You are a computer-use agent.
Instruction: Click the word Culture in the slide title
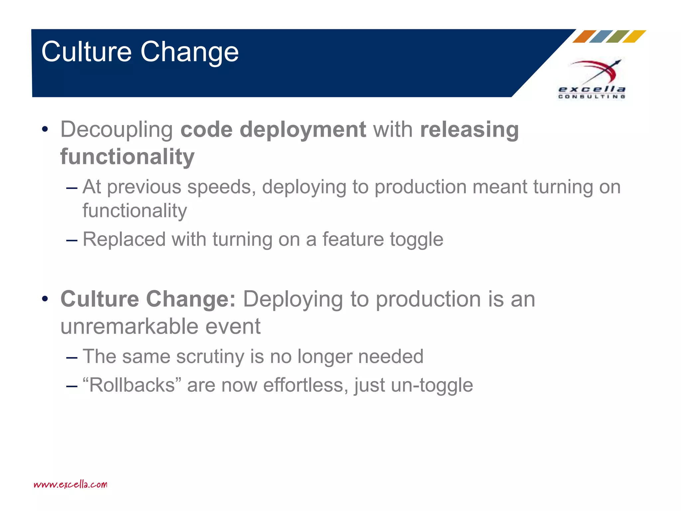click(86, 52)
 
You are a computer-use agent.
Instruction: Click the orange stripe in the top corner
click(584, 37)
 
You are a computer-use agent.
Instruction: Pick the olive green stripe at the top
click(617, 37)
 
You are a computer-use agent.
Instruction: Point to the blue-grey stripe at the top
click(601, 37)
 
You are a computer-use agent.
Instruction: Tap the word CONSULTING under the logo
click(592, 96)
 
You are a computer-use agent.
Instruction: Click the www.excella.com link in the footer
click(70, 484)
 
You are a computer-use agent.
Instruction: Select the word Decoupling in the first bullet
click(116, 130)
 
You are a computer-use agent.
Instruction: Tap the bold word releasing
click(469, 130)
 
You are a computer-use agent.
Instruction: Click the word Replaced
click(124, 239)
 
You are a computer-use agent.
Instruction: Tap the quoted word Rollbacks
click(132, 385)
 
